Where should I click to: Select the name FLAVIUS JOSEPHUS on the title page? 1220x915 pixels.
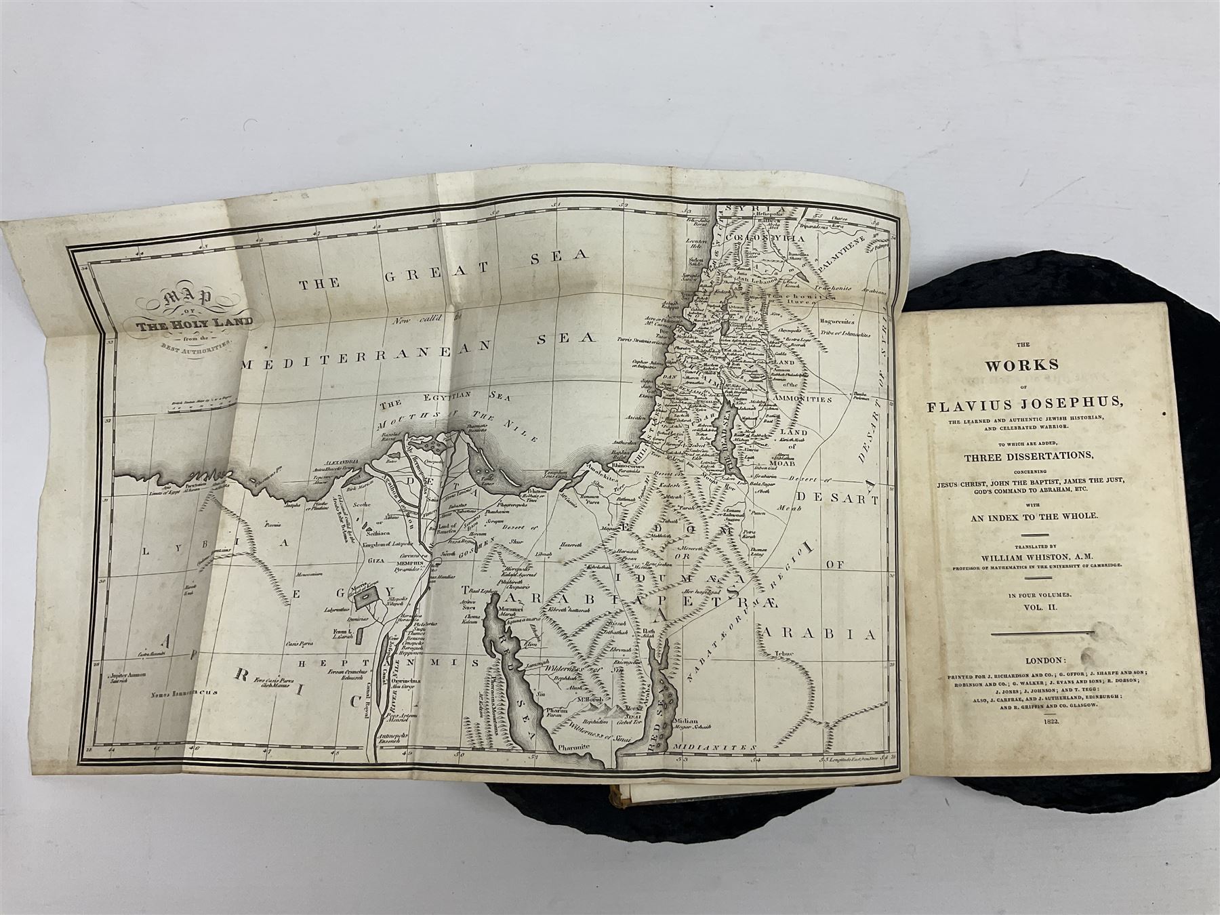pyautogui.click(x=1024, y=407)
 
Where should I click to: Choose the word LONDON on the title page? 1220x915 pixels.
pyautogui.click(x=1034, y=660)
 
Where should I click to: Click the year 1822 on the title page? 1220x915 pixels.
pyautogui.click(x=1036, y=723)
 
